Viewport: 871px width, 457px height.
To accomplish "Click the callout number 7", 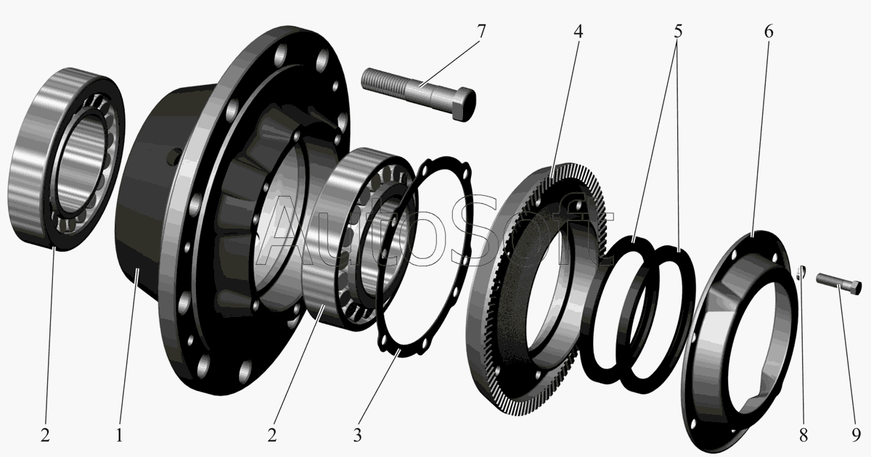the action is [481, 31].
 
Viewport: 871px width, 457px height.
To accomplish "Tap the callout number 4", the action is [578, 31].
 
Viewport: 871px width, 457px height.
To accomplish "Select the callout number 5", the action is [678, 31].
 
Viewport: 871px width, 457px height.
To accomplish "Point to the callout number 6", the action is [769, 31].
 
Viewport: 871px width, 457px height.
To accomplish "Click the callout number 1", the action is [119, 435].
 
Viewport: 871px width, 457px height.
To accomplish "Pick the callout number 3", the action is [357, 435].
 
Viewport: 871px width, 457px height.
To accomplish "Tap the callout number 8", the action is [803, 435].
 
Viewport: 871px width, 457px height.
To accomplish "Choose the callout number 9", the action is [856, 435].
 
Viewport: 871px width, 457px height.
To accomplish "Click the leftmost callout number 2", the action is [45, 435].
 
